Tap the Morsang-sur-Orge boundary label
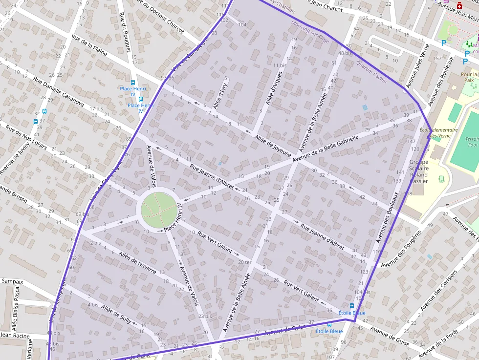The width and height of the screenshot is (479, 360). [309, 32]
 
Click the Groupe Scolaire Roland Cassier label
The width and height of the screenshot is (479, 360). [418, 171]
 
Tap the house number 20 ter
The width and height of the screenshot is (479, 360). [245, 262]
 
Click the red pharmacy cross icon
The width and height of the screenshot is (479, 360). [459, 5]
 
